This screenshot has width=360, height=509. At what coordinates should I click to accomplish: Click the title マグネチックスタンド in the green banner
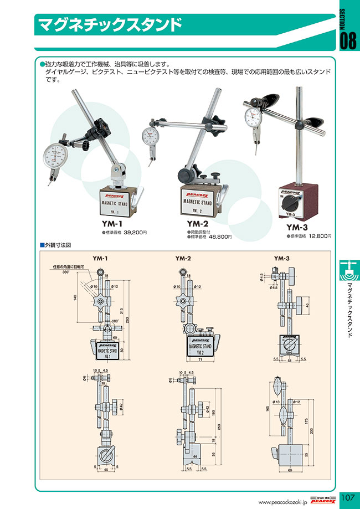109,24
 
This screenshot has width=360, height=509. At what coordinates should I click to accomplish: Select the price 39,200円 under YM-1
135,233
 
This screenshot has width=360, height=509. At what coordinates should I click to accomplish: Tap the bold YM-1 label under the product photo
112,224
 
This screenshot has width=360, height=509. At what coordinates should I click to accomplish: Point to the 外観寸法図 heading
58,244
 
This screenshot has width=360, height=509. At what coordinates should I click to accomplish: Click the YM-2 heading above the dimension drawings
183,258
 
